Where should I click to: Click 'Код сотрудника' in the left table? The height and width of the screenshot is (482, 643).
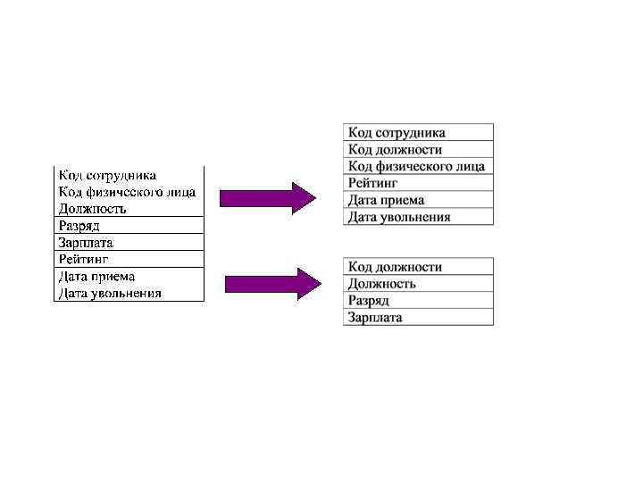click(107, 175)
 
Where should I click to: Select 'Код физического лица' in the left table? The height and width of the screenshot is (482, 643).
click(127, 192)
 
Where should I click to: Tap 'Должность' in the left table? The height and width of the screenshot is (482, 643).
click(93, 209)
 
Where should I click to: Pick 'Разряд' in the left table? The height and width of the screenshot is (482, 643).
click(79, 226)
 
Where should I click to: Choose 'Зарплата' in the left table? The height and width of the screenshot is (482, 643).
click(86, 243)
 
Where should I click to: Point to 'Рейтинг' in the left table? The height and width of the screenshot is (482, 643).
click(83, 259)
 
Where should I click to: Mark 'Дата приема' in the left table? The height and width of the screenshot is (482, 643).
click(97, 276)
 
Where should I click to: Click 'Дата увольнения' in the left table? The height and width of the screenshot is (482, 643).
click(110, 293)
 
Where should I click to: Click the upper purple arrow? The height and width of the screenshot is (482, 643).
click(267, 197)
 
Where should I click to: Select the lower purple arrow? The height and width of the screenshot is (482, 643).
click(271, 284)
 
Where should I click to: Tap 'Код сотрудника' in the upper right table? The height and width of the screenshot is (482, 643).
click(397, 133)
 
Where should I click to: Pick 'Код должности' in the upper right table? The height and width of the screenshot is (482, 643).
click(395, 150)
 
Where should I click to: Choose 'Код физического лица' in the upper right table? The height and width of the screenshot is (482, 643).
click(416, 166)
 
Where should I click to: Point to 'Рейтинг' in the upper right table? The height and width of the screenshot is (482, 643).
click(372, 183)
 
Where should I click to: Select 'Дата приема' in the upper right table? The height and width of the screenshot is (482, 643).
click(386, 200)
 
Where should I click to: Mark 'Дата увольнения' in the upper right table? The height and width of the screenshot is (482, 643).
click(399, 217)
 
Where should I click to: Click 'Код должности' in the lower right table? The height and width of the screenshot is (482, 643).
click(395, 267)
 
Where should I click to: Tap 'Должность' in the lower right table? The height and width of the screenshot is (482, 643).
click(382, 284)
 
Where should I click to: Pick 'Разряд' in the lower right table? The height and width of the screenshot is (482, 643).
click(369, 301)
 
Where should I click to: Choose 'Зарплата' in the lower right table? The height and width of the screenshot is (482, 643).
click(375, 318)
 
